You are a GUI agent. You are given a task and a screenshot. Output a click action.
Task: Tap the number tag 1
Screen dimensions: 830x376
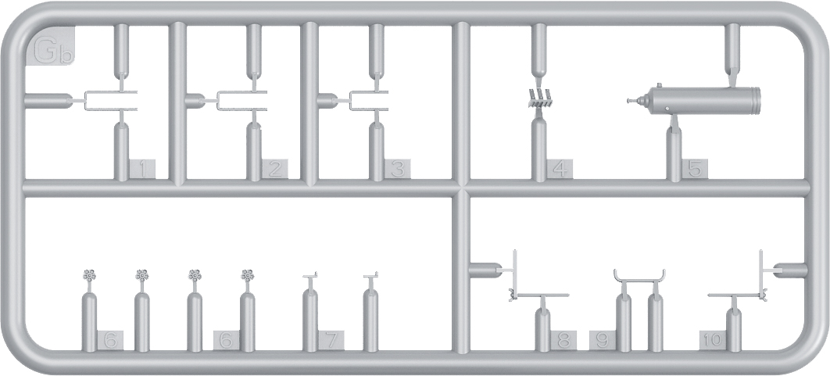[x=142, y=170]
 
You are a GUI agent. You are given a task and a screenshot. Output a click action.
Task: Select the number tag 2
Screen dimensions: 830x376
[x=275, y=170]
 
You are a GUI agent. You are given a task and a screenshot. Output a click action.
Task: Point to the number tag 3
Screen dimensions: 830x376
[x=398, y=170]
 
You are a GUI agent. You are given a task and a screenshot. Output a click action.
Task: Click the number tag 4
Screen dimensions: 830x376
[x=560, y=170]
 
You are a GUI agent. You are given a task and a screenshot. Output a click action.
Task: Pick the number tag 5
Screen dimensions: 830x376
[x=695, y=170]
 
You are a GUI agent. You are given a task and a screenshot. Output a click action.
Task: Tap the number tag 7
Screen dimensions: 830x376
[x=331, y=340]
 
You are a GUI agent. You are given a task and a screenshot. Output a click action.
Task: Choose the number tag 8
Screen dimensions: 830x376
[x=563, y=340]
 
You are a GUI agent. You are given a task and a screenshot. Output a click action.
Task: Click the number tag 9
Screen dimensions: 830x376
[x=603, y=340]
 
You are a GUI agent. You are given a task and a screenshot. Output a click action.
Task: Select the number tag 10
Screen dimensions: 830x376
[x=713, y=340]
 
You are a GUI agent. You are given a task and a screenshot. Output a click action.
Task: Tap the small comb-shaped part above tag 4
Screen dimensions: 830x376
[x=541, y=99]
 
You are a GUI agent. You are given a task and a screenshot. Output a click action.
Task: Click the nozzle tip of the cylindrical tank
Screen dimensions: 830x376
[x=629, y=100]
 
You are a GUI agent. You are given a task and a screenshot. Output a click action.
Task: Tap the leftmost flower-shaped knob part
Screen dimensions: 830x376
[x=89, y=275]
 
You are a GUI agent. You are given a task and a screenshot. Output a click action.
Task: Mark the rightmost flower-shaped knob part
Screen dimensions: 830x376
[x=247, y=275]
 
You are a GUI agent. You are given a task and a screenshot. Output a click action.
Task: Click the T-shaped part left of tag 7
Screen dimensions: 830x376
[x=309, y=277]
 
